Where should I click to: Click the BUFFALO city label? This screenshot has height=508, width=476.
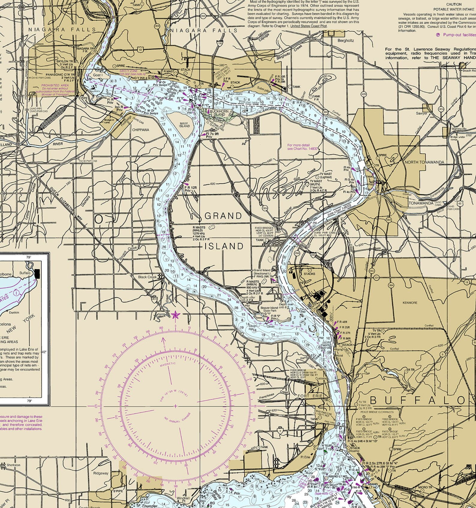pos(418,400)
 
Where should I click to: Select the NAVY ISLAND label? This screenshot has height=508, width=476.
pos(184,125)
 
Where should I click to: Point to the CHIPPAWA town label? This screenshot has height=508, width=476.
pos(141,130)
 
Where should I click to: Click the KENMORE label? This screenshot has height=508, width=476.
pos(410,303)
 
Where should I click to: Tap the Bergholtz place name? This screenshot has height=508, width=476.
pos(346,41)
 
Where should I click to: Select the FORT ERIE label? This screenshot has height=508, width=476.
pos(310,396)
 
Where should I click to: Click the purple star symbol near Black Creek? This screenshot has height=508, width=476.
pos(175,315)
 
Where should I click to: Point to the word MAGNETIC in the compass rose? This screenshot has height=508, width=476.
pos(168,365)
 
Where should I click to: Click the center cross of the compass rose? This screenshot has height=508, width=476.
pos(175,406)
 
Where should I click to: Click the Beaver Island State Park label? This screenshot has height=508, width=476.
pos(269,310)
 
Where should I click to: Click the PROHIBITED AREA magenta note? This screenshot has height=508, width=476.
pos(55,85)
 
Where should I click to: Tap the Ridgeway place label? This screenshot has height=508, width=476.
pos(100,473)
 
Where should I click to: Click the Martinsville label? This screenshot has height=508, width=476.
pos(458,129)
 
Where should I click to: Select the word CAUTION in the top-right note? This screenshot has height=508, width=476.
pos(454,5)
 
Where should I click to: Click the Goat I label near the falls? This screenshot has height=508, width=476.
pos(98,75)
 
